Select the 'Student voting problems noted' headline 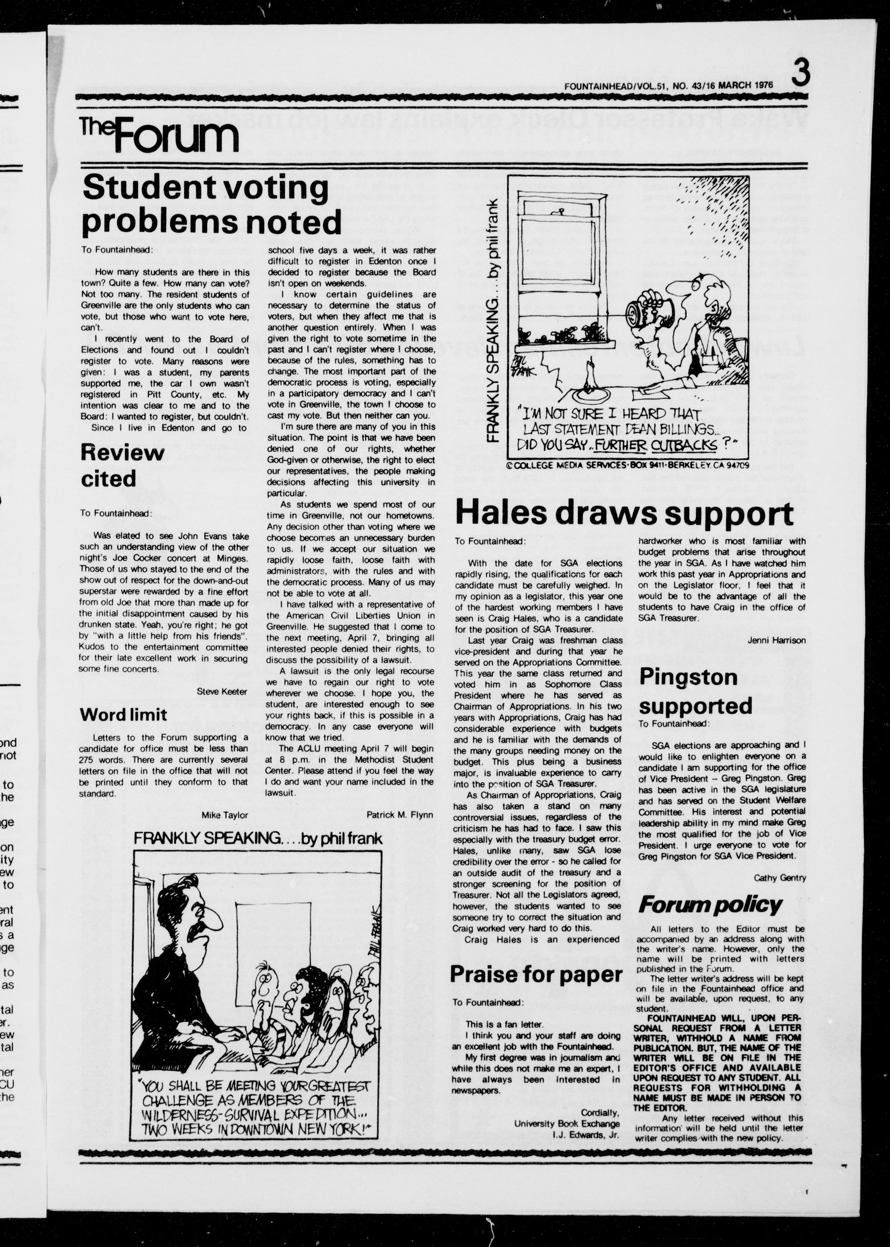point(211,205)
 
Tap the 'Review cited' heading point(122,465)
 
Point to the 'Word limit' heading point(123,714)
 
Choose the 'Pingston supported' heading point(695,692)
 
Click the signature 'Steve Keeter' point(222,692)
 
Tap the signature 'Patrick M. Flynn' point(400,815)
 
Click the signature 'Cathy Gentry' point(779,877)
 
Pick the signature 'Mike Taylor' point(225,815)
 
